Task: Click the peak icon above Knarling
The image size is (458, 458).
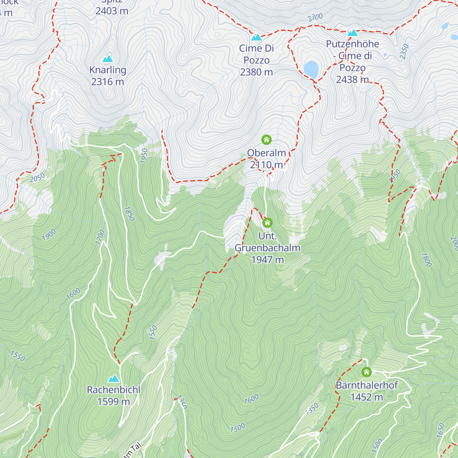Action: [x=108, y=59]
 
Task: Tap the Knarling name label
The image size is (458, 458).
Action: [x=108, y=70]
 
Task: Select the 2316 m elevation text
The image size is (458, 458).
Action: [x=108, y=82]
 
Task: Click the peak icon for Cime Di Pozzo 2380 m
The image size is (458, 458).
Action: [x=256, y=37]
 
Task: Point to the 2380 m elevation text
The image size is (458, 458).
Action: [x=256, y=72]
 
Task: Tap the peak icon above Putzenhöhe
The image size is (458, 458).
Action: [x=353, y=33]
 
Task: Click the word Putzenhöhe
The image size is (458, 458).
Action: [x=353, y=44]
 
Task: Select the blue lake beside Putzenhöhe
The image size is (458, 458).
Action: [x=311, y=69]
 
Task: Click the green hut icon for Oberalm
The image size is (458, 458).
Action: [x=266, y=140]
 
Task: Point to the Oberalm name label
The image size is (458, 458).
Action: [x=266, y=153]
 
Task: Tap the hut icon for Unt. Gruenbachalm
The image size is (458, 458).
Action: [x=267, y=223]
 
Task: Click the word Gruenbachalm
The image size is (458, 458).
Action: [x=268, y=248]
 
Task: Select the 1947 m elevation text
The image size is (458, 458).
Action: [x=268, y=260]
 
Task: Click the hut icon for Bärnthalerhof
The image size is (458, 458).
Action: [x=366, y=372]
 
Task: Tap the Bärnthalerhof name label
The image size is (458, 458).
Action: [x=367, y=385]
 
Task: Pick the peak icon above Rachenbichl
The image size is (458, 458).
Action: [x=113, y=379]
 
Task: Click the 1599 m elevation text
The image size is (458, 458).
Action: [x=114, y=402]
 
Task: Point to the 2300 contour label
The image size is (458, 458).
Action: [x=315, y=18]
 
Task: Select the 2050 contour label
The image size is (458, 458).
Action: [x=37, y=177]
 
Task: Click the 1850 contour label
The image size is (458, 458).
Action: [x=129, y=214]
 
